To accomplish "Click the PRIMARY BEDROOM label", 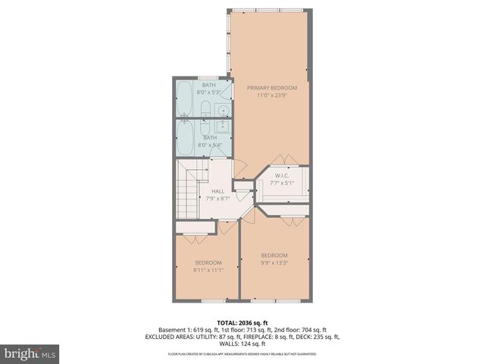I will [x=272, y=88].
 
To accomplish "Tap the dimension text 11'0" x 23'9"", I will [x=272, y=96].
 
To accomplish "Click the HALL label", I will [x=217, y=191].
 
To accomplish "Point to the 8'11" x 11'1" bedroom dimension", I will [x=208, y=270].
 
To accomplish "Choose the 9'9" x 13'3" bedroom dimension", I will [x=274, y=262].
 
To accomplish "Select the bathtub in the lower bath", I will [x=186, y=138].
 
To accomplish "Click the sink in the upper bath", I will [x=223, y=111].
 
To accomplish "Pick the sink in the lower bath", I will [x=223, y=127].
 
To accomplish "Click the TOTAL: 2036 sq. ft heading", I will [x=242, y=323].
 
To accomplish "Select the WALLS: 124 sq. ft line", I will [x=242, y=344].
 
